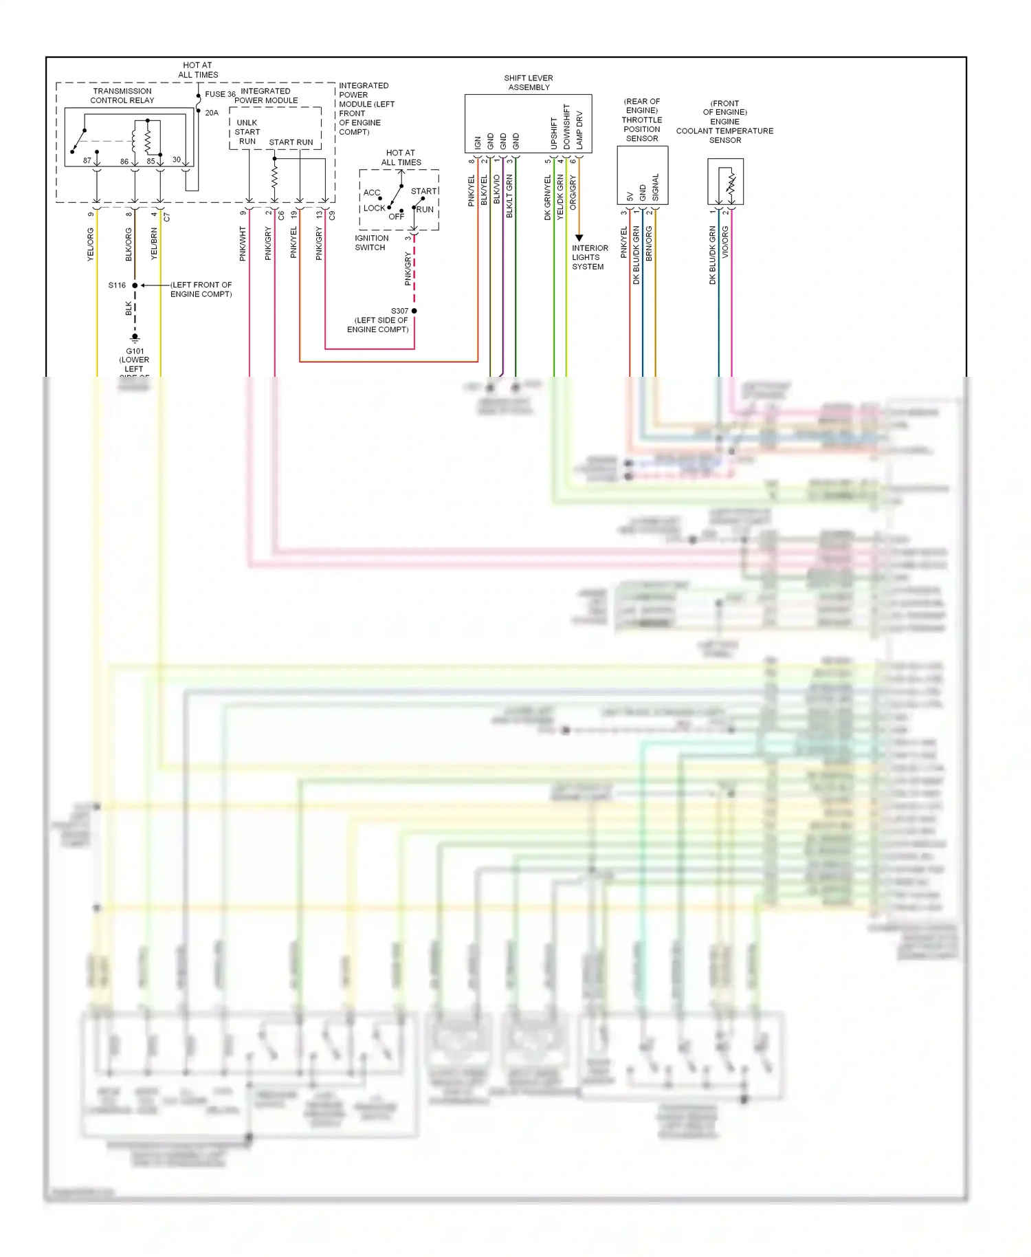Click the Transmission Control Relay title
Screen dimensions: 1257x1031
click(x=122, y=96)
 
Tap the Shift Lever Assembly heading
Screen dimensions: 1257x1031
click(x=529, y=83)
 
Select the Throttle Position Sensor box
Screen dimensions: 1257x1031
click(x=642, y=175)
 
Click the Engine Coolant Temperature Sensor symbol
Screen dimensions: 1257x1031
click(x=726, y=182)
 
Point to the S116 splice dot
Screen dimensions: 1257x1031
click(x=135, y=285)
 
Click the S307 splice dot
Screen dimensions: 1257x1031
click(x=414, y=311)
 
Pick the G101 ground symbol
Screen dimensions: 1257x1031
click(x=135, y=338)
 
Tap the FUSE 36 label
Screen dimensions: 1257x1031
click(x=220, y=94)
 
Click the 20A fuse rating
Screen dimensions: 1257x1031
click(x=212, y=113)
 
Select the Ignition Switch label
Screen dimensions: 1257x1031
click(x=371, y=243)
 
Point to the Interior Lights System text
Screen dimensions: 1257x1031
click(x=590, y=257)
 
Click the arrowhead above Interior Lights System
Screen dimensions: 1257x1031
click(x=579, y=238)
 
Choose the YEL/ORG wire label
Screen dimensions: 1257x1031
click(x=91, y=245)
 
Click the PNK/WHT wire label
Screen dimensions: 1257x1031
click(x=243, y=244)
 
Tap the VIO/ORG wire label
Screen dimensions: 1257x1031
click(x=725, y=242)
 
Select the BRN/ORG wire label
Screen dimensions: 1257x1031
click(x=649, y=243)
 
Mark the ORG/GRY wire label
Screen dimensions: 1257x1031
click(x=573, y=193)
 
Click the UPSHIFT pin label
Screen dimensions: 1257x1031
click(x=554, y=133)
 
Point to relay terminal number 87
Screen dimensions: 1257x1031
click(x=87, y=161)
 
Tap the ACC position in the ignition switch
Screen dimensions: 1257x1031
click(x=372, y=193)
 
